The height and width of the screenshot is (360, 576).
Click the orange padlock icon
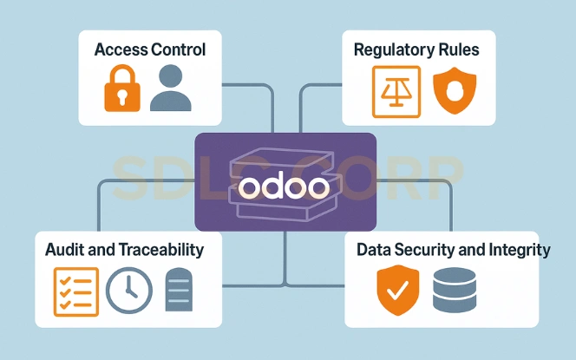[x=122, y=89]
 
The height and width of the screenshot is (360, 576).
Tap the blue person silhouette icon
[x=170, y=88]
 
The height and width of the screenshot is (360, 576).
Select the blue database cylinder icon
[x=453, y=290]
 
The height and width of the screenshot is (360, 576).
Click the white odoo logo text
[x=284, y=187]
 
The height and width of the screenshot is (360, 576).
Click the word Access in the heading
[x=120, y=49]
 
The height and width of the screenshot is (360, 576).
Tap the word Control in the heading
[x=177, y=49]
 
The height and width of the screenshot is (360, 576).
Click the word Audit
[x=63, y=250]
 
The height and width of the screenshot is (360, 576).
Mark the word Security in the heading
[x=426, y=250]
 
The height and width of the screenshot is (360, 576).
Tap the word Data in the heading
[x=374, y=250]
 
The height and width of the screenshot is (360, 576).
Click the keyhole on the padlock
[x=122, y=95]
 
